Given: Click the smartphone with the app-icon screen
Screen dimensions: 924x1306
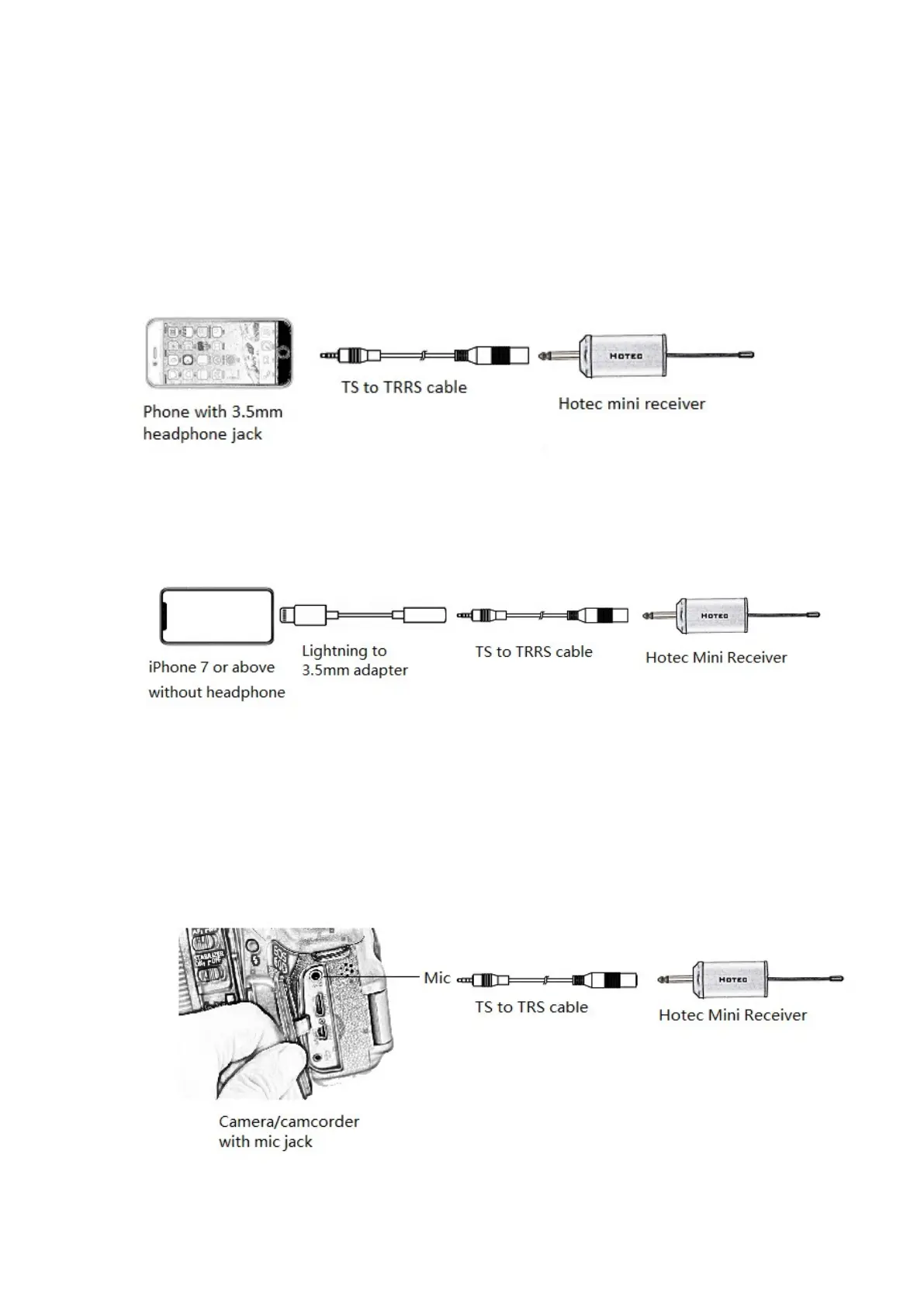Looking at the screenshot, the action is (220, 353).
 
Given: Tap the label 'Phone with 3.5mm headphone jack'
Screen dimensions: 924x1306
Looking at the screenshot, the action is (212, 423).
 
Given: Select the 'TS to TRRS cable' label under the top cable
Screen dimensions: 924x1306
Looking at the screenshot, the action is (403, 388).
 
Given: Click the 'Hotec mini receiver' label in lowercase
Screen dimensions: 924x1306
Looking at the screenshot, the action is (632, 404).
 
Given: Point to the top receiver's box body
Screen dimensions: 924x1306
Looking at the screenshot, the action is (624, 356).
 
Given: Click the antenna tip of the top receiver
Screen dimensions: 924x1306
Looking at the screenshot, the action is (747, 355).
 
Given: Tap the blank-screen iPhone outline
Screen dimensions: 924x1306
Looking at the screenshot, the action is (216, 616).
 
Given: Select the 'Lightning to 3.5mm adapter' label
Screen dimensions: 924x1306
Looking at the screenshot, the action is (354, 661).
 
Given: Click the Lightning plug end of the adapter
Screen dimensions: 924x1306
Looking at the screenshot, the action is (289, 615).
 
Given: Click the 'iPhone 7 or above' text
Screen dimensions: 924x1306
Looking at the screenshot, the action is (211, 668).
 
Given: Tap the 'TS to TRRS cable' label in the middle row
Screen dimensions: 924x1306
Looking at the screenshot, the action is (533, 652).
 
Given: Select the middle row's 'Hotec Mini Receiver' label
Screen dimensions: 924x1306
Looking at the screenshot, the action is (715, 658).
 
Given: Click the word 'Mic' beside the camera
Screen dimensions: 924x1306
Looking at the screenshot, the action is (437, 978).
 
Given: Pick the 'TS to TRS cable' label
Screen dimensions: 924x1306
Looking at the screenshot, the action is (531, 1007).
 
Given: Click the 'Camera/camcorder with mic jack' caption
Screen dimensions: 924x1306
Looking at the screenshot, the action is (288, 1132).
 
